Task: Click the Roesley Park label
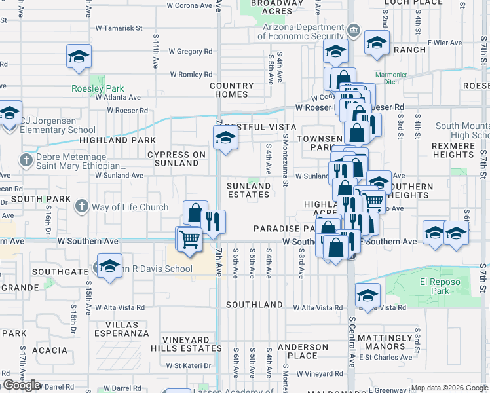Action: point(98,88)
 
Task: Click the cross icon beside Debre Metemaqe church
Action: point(26,160)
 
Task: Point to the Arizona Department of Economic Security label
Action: point(301,32)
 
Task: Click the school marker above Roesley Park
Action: point(79,56)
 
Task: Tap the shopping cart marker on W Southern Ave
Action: point(189,239)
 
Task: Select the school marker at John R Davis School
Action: point(109,267)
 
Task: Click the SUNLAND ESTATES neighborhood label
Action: point(248,190)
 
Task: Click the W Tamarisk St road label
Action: point(119,28)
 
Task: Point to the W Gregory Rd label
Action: point(191,51)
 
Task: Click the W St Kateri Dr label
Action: point(189,365)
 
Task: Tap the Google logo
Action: point(22,385)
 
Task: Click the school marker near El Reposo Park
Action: point(368,296)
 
